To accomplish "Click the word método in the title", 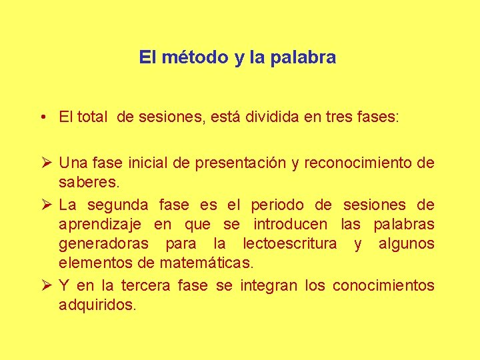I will pos(193,57).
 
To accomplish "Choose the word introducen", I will pos(291,225).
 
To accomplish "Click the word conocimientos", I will pos(383,286).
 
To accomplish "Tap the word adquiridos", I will pos(97,306).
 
